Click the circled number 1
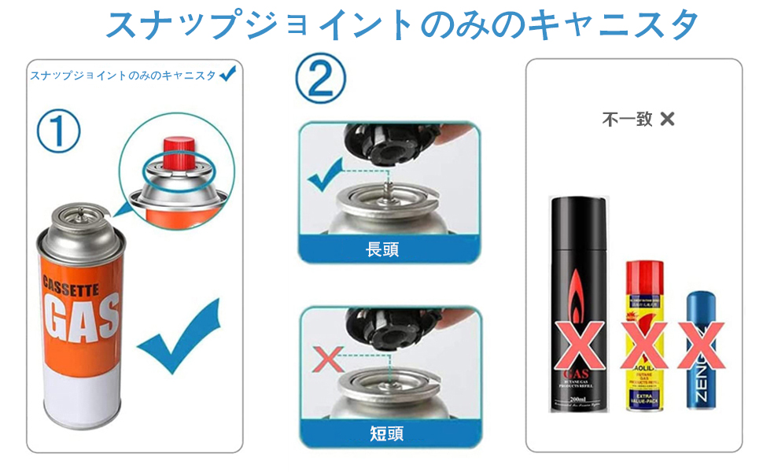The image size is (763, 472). pos(58,131)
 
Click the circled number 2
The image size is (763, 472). pos(320,81)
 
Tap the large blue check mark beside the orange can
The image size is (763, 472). pos(177,334)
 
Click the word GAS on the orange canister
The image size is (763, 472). pos(81,317)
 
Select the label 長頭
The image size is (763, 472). pos(382,250)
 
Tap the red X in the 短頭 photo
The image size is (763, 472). pos(327,361)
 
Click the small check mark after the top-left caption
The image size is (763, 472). pos(228,75)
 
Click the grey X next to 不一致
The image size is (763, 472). pos(668,120)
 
